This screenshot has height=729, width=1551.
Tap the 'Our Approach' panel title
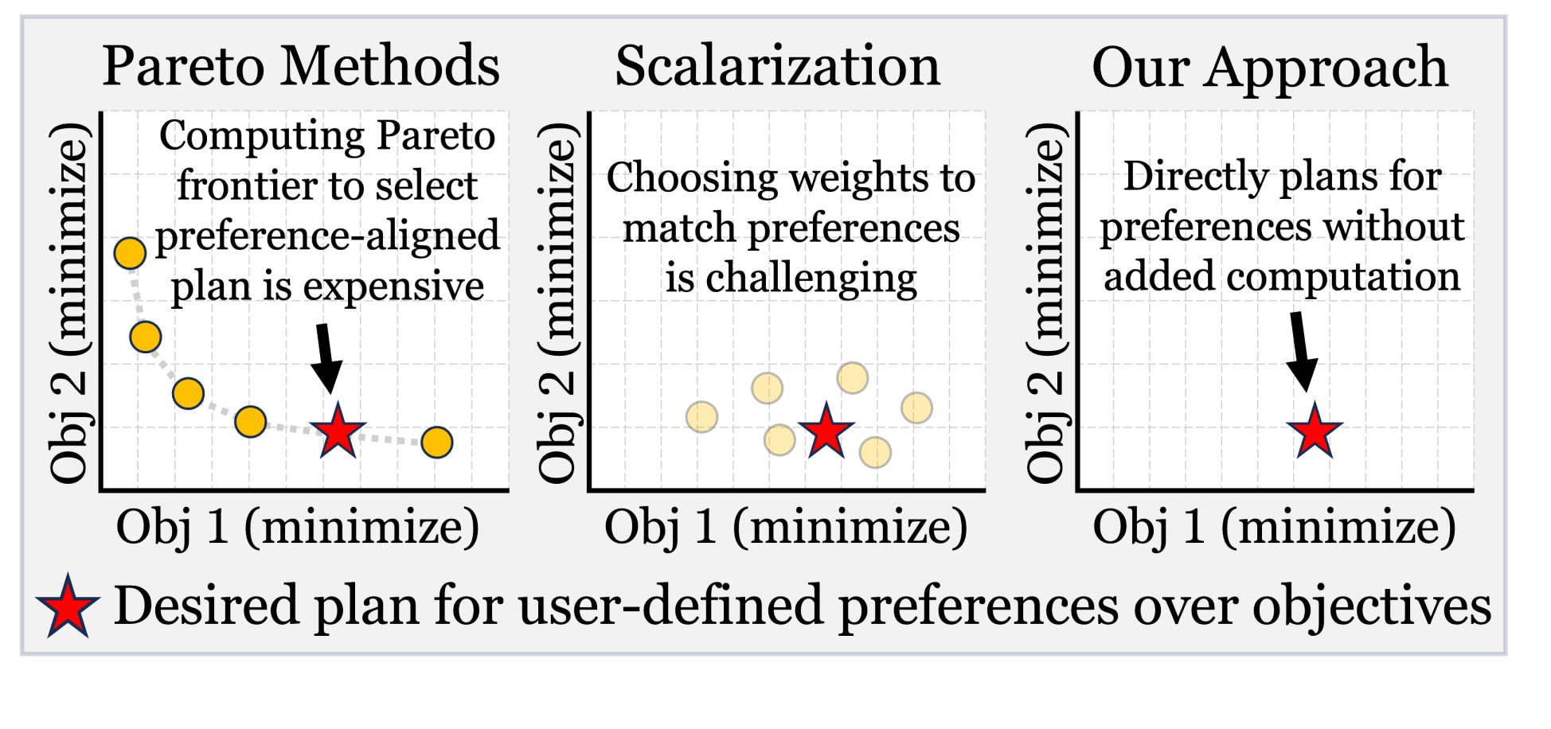(x=1269, y=67)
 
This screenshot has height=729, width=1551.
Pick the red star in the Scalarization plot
(x=826, y=431)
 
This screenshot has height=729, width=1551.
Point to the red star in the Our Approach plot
(x=1315, y=431)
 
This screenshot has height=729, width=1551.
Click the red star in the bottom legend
(x=68, y=607)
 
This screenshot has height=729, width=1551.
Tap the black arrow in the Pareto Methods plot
(x=326, y=357)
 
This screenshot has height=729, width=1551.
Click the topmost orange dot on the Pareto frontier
(x=130, y=253)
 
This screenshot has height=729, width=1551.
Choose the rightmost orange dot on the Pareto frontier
(x=437, y=442)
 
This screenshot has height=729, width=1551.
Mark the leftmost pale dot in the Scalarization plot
(x=701, y=416)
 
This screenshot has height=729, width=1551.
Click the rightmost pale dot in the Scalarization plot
(x=916, y=407)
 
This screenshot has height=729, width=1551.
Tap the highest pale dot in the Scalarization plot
(x=852, y=378)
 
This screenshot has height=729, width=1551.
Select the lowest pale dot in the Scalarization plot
(x=875, y=452)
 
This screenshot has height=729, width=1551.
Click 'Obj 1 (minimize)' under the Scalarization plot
(x=786, y=527)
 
